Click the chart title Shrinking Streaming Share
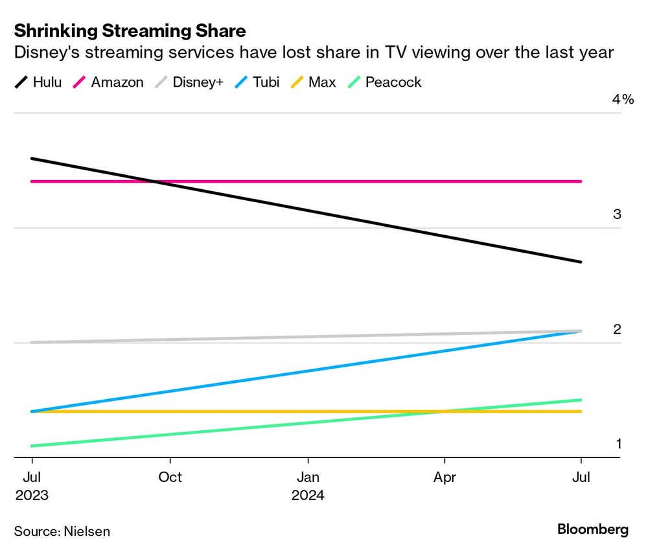point(130,30)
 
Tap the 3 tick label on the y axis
point(617,214)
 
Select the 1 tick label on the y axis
point(618,444)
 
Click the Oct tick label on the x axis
point(170,477)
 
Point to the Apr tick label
point(445,477)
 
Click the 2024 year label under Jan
point(308,496)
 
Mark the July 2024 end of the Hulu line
point(581,262)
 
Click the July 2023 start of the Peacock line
point(32,446)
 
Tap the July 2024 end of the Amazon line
point(581,181)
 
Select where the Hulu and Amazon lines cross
point(156,181)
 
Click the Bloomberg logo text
point(592,529)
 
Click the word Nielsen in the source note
point(87,531)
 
